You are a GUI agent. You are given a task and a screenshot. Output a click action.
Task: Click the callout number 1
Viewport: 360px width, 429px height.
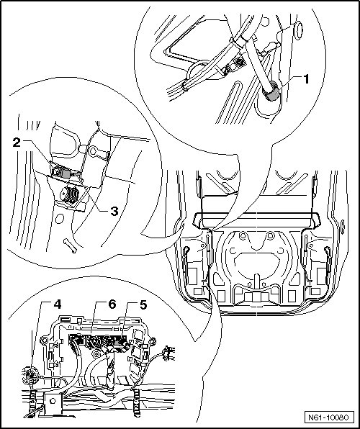pyautogui.click(x=306, y=79)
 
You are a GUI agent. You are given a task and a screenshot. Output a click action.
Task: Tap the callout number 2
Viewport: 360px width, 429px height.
pyautogui.click(x=17, y=142)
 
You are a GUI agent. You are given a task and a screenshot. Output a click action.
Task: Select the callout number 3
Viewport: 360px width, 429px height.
pyautogui.click(x=114, y=211)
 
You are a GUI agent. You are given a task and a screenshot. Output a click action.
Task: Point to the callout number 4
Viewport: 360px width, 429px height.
pyautogui.click(x=57, y=304)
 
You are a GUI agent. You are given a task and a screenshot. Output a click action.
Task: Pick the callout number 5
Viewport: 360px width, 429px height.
pyautogui.click(x=143, y=304)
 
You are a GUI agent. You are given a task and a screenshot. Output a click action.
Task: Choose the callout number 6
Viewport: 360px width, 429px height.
pyautogui.click(x=112, y=304)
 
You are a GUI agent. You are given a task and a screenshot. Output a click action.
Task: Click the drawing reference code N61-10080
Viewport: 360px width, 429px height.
pyautogui.click(x=328, y=417)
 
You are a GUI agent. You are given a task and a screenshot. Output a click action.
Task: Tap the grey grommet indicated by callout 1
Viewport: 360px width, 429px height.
pyautogui.click(x=271, y=91)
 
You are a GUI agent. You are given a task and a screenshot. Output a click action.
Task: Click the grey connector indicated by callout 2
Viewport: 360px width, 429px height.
pyautogui.click(x=65, y=173)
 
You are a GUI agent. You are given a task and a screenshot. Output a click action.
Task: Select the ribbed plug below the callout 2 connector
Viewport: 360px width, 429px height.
pyautogui.click(x=70, y=194)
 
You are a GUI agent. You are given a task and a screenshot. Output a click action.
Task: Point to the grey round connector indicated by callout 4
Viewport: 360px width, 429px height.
pyautogui.click(x=30, y=376)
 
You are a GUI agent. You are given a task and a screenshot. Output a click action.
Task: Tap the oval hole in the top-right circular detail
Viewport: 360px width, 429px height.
pyautogui.click(x=299, y=30)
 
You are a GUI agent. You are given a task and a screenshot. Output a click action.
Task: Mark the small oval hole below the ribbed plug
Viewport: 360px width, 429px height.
pyautogui.click(x=60, y=219)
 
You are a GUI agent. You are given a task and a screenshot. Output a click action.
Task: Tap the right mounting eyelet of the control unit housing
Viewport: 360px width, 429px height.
pyautogui.click(x=152, y=341)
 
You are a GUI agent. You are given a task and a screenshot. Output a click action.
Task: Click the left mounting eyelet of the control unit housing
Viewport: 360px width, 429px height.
pyautogui.click(x=44, y=340)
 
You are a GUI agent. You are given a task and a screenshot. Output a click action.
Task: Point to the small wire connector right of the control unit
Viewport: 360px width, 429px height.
pyautogui.click(x=168, y=353)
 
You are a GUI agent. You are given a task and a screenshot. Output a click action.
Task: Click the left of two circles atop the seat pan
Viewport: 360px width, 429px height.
pyautogui.click(x=242, y=235)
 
